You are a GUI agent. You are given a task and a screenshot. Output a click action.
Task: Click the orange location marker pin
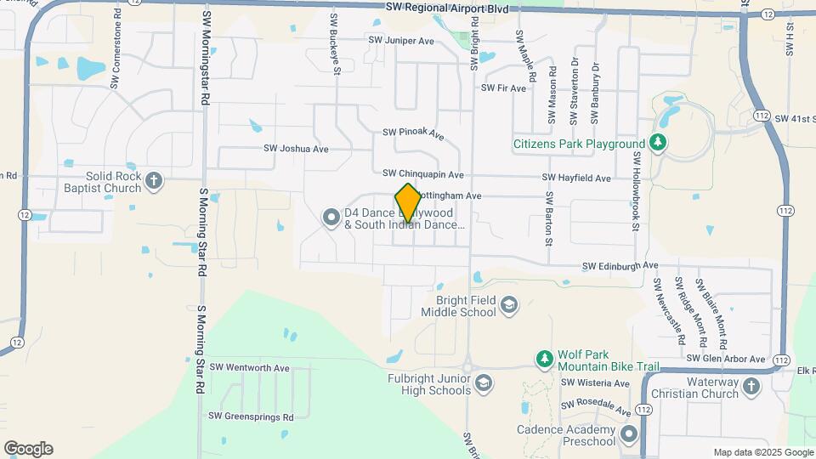[408, 203]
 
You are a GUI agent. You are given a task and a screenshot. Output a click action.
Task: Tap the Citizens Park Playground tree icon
[657, 144]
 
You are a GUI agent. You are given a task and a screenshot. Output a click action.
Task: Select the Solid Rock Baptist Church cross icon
[153, 180]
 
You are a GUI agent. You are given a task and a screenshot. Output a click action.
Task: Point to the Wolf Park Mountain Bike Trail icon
[544, 360]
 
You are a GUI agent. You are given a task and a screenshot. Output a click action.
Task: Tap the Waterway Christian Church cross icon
[751, 387]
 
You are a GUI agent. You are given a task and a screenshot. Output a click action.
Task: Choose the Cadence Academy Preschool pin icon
[628, 435]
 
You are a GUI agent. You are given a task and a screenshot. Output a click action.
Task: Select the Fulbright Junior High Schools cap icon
[483, 384]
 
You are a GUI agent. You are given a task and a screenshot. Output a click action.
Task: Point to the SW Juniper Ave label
[401, 40]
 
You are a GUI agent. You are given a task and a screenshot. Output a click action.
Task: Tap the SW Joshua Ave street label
[296, 148]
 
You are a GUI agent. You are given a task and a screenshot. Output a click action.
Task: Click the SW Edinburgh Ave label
[620, 266]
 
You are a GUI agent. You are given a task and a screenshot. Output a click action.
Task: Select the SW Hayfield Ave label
[577, 178]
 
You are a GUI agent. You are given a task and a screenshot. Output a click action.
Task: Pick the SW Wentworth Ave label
[250, 367]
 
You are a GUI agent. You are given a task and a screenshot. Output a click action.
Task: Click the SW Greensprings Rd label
[251, 416]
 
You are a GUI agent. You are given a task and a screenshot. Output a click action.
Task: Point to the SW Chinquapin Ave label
[423, 174]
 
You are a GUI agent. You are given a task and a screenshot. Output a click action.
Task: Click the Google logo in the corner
[28, 448]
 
